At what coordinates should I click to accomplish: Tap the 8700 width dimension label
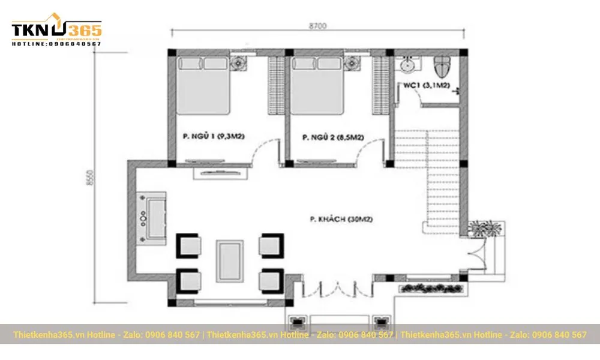pos(318,26)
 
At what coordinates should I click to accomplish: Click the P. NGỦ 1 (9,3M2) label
pos(214,137)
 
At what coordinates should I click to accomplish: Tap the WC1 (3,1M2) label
pos(426,86)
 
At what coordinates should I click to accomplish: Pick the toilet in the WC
pos(443,66)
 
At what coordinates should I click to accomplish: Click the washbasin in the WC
pos(409,64)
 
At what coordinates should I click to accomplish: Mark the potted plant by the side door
pos(484,229)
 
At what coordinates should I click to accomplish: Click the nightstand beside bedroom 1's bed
pos(239,63)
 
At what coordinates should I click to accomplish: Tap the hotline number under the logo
pos(56,44)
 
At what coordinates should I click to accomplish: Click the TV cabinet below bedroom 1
pos(220,173)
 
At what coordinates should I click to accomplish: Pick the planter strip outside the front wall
pos(428,289)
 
